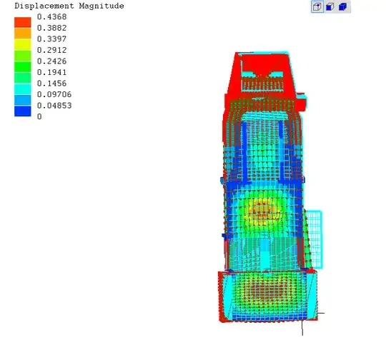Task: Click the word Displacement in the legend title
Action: pos(44,6)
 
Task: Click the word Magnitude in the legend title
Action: pos(102,6)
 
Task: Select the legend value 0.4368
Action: pos(51,16)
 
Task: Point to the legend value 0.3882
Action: pos(51,28)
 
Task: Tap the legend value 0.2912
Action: pos(51,50)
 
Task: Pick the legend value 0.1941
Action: pos(51,72)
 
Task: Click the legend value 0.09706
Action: pos(54,94)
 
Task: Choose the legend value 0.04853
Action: pos(54,105)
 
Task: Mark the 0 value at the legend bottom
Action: pos(39,116)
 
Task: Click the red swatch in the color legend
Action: pos(23,22)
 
